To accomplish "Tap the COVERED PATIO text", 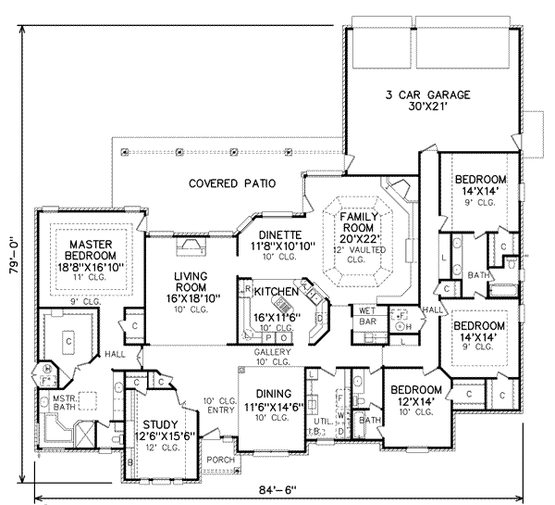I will pyautogui.click(x=232, y=183).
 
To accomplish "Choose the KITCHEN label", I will pyautogui.click(x=276, y=292).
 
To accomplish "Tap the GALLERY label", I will pyautogui.click(x=273, y=353).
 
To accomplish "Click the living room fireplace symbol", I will pyautogui.click(x=191, y=246).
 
